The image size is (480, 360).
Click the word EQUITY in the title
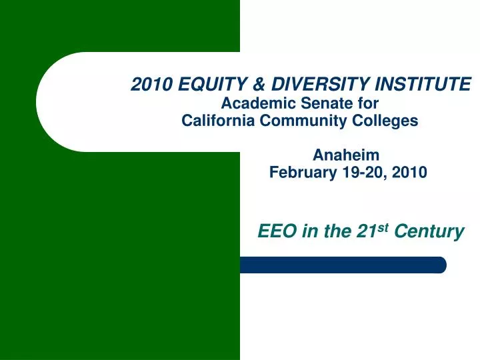click(x=213, y=84)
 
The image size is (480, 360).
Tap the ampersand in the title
click(x=259, y=84)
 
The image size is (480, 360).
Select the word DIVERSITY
click(x=321, y=84)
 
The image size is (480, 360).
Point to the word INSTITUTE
click(x=423, y=84)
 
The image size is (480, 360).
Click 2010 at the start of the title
click(x=151, y=84)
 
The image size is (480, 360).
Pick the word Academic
click(x=259, y=103)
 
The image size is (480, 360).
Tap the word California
click(x=218, y=120)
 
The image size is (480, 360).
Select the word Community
click(x=303, y=121)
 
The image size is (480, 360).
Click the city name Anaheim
click(x=346, y=155)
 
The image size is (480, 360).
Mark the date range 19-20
click(x=362, y=172)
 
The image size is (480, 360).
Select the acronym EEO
click(x=277, y=231)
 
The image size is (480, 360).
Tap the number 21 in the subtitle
click(x=367, y=231)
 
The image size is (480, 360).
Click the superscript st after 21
click(x=383, y=228)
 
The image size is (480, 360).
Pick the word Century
click(x=429, y=232)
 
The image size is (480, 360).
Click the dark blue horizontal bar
click(x=343, y=265)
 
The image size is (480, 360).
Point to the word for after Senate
click(x=368, y=103)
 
